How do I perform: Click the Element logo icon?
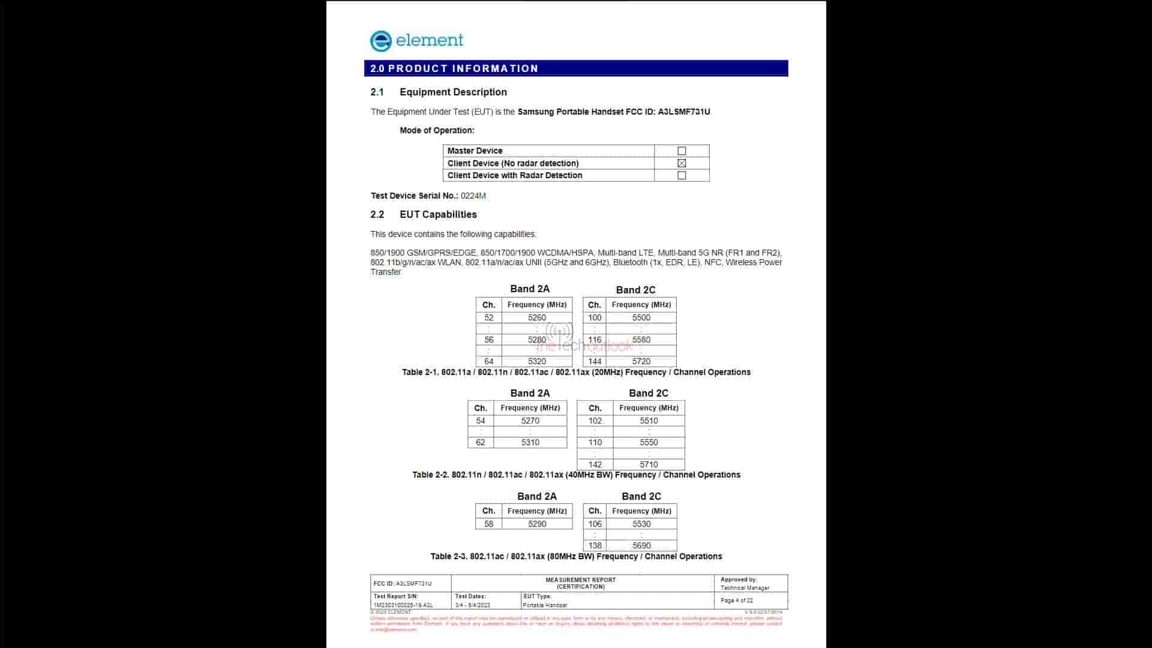pyautogui.click(x=381, y=41)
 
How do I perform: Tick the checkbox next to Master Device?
pyautogui.click(x=682, y=151)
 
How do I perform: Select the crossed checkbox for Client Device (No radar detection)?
pyautogui.click(x=682, y=163)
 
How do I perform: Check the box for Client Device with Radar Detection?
pyautogui.click(x=682, y=176)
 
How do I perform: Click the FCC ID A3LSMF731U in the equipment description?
pyautogui.click(x=684, y=112)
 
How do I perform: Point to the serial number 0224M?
pyautogui.click(x=473, y=196)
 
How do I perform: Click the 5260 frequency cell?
pyautogui.click(x=537, y=318)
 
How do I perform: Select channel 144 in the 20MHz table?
pyautogui.click(x=595, y=361)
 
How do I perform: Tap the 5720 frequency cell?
pyautogui.click(x=641, y=361)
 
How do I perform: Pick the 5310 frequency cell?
pyautogui.click(x=530, y=442)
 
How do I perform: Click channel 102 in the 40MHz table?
pyautogui.click(x=595, y=421)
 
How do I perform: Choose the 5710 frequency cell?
pyautogui.click(x=649, y=464)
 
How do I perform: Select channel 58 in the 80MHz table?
pyautogui.click(x=489, y=524)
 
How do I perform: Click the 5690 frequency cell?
pyautogui.click(x=641, y=545)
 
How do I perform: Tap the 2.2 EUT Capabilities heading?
pyautogui.click(x=438, y=215)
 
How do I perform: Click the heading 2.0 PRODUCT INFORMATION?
pyautogui.click(x=454, y=68)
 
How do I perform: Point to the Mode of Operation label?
pyautogui.click(x=437, y=130)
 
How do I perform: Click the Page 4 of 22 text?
pyautogui.click(x=737, y=601)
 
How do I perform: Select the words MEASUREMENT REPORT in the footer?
pyautogui.click(x=581, y=580)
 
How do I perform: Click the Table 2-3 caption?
pyautogui.click(x=576, y=556)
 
